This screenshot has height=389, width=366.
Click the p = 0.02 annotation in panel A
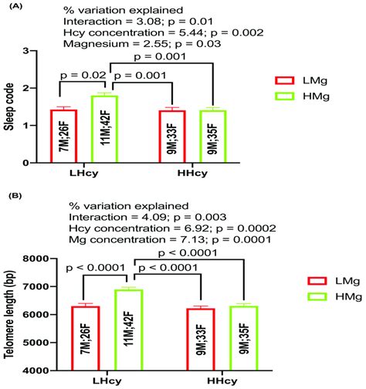point(80,76)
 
